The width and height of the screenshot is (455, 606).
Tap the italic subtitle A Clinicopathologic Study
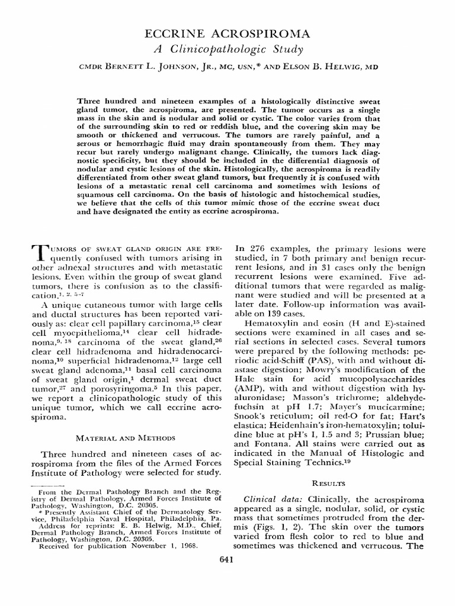click(x=227, y=49)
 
